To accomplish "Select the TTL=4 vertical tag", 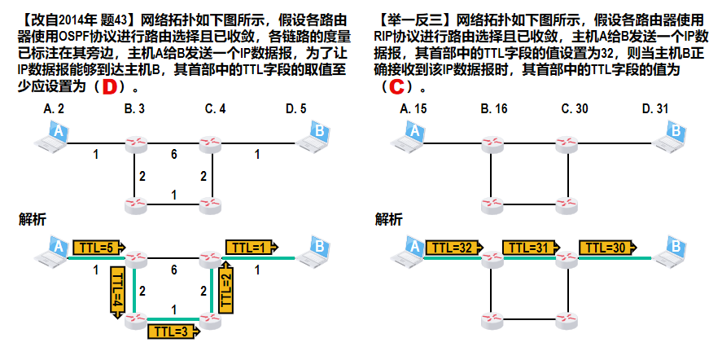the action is (x=118, y=292).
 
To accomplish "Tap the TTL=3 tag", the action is (x=174, y=331).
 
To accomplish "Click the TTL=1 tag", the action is (x=252, y=247).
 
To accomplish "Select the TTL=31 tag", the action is (x=532, y=247).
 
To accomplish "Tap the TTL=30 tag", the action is (x=608, y=247).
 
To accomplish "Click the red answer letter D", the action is (x=110, y=87).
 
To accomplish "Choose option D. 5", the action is (x=295, y=109).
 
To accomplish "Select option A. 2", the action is (x=54, y=109).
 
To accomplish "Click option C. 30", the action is (x=575, y=109).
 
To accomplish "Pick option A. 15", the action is (x=414, y=109).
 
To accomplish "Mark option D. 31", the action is (x=655, y=109).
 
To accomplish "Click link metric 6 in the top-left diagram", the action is (x=173, y=155).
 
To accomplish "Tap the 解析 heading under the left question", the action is (x=33, y=219).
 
